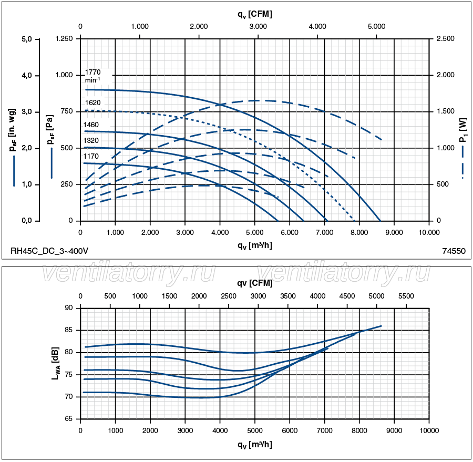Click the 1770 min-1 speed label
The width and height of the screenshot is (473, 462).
tap(92, 76)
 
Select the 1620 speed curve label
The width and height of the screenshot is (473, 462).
tap(92, 102)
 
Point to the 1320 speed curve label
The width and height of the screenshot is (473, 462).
tap(91, 140)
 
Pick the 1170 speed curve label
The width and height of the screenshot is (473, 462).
tap(91, 157)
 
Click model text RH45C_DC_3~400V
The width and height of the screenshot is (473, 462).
tap(49, 251)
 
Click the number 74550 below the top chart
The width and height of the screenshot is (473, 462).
tap(454, 251)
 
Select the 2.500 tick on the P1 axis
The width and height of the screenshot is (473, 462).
tap(446, 39)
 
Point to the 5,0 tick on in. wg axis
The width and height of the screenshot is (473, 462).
tap(27, 39)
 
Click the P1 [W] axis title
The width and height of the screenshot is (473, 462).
tap(462, 132)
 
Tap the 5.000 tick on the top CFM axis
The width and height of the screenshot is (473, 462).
tap(376, 26)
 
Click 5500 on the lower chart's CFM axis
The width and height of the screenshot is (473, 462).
tap(406, 296)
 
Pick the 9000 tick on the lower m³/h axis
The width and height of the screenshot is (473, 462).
tap(394, 430)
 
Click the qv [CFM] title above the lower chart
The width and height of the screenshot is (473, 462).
tap(254, 283)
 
